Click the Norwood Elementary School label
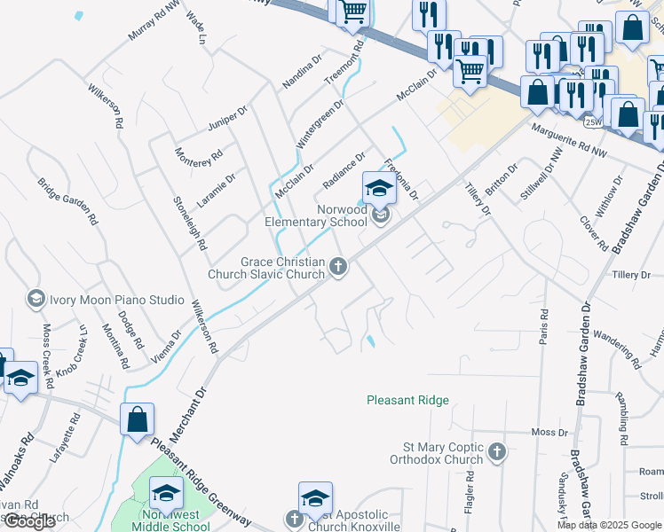coord(316,215)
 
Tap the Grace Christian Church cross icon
coord(337,265)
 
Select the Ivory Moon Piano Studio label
coord(111,300)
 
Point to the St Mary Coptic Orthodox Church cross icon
coord(496,452)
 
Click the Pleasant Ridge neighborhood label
coord(407,401)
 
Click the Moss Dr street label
coord(549,432)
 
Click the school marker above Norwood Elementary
coord(378,187)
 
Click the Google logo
coord(29,521)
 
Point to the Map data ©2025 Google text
coord(609,525)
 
